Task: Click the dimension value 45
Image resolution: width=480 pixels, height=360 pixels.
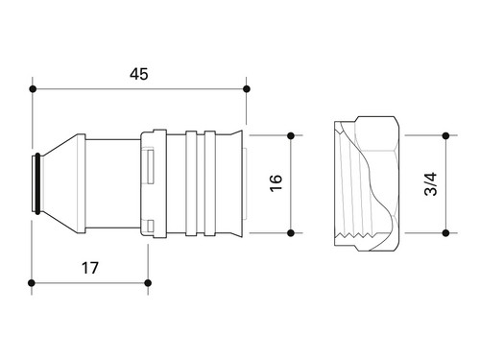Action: [139, 74]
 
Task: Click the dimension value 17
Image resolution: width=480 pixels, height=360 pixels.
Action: [90, 268]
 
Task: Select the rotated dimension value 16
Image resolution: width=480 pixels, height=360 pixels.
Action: [276, 183]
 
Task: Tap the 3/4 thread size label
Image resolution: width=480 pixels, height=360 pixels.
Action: [430, 184]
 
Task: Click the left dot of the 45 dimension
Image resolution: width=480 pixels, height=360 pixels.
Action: [33, 89]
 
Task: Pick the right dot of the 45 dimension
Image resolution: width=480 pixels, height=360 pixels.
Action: [247, 89]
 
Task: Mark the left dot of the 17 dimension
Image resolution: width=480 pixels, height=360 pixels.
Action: [32, 283]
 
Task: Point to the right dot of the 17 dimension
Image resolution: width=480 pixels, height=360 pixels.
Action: [148, 283]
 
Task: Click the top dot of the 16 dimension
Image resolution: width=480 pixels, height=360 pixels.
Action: [291, 136]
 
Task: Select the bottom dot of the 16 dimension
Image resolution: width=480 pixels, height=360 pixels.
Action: [291, 233]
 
